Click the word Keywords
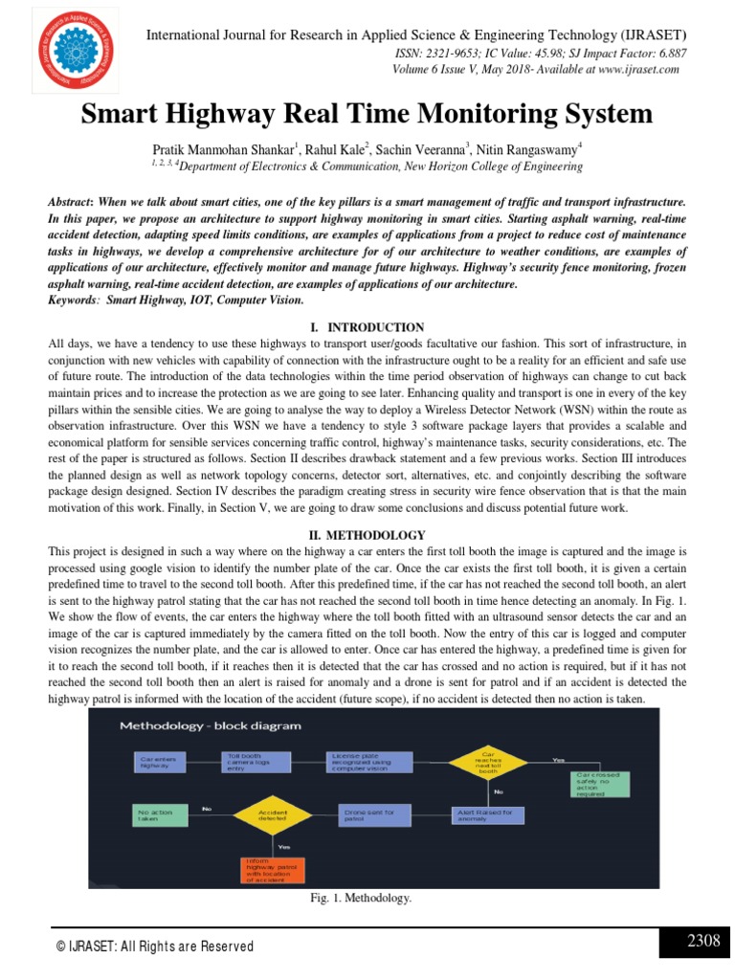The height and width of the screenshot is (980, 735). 75,301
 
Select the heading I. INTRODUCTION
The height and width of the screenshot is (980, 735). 367,327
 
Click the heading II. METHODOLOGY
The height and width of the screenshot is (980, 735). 367,535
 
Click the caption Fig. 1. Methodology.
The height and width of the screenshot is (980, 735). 360,899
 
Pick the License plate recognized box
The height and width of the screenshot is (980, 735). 368,762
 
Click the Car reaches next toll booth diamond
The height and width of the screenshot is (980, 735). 488,761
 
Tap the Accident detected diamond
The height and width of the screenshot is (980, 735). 273,814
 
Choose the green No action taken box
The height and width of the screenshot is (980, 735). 158,814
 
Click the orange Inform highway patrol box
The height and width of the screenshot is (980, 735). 273,869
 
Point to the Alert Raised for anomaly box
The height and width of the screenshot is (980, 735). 488,814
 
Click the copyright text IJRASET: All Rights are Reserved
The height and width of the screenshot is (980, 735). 155,947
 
